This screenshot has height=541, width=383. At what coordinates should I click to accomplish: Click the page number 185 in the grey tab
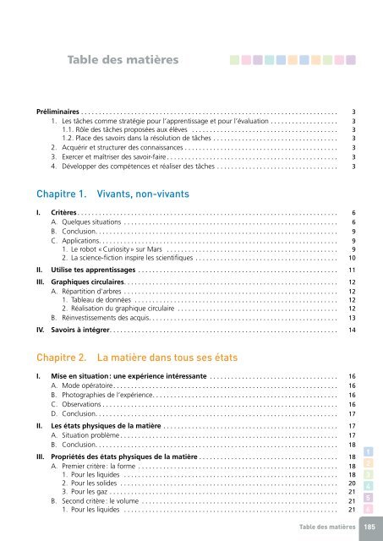point(369,527)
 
